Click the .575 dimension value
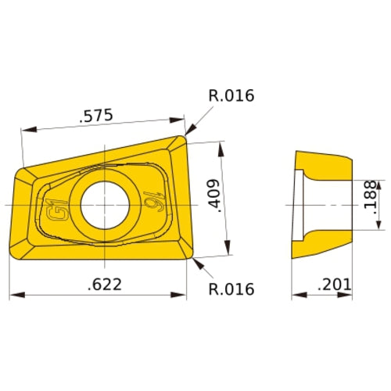96,116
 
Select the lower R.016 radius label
231,289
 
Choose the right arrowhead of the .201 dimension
348,296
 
